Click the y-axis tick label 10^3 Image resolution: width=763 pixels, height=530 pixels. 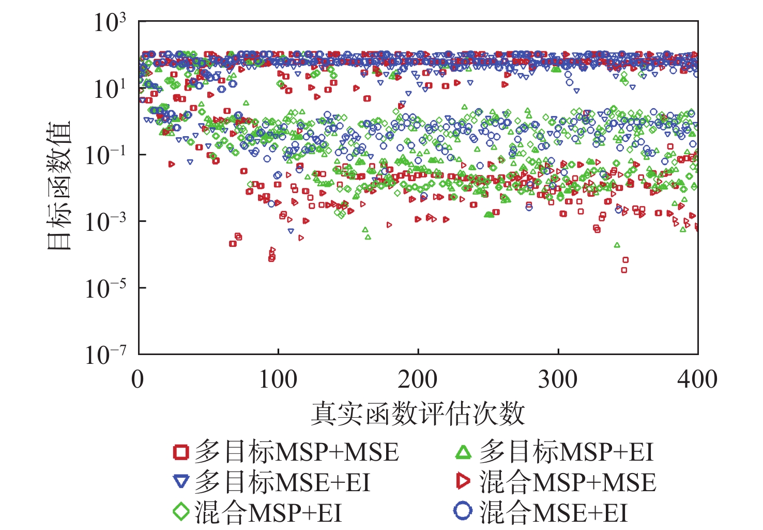pos(109,23)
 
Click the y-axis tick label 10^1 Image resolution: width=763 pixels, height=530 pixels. pos(109,89)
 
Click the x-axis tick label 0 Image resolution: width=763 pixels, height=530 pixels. pos(138,379)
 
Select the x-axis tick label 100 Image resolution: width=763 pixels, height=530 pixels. pos(278,379)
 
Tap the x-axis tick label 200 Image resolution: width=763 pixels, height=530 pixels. pos(418,379)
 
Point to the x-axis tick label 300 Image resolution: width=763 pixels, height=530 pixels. pos(558,379)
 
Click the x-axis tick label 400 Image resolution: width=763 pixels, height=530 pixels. pos(697,379)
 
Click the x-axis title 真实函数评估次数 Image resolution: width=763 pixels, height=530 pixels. pos(418,414)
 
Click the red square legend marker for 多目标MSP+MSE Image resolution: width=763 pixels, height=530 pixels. pos(181,452)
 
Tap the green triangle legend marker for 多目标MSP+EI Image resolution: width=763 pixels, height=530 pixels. pos(463,452)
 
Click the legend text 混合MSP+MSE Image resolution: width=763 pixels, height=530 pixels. pos(568,482)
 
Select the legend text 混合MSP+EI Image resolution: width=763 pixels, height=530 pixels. pos(268,512)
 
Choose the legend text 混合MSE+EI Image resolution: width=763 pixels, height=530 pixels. pos(553,512)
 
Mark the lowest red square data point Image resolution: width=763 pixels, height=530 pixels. pos(624,270)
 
